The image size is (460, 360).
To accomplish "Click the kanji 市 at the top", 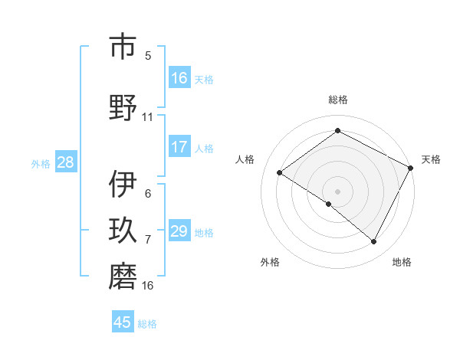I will pos(123,47).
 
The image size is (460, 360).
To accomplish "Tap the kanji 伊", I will pos(123,184).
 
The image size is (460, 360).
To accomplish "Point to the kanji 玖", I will pos(123,231).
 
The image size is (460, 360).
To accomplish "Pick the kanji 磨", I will pos(123,277).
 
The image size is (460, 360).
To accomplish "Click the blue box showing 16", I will pos(179,78).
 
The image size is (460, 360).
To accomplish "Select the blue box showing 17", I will pos(179,147).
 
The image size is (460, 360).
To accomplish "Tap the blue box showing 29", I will pos(179,231).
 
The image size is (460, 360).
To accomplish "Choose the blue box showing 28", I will pos(65,162).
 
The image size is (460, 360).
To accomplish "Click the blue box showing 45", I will pos(123,322).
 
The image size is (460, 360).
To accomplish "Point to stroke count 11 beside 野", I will pos(148,117).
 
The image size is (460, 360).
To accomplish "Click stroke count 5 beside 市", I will pos(148,55).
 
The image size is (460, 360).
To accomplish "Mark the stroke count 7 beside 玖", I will pos(148,240).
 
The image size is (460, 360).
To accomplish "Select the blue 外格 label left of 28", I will pos(41,163).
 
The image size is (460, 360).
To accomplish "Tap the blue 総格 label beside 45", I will pos(147,323).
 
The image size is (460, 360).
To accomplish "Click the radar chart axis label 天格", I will pos(431,159).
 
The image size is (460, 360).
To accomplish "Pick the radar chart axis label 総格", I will pos(337,100).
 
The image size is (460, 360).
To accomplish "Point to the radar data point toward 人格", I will pos(280,173).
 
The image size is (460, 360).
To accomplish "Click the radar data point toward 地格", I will pos(374,242).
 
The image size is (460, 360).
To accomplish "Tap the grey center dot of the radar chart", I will pos(337,191).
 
